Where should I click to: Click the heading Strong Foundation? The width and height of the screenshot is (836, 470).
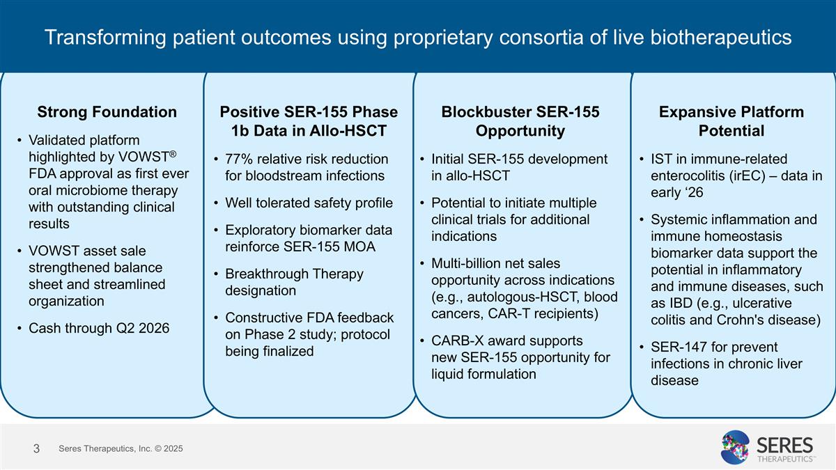[x=107, y=112]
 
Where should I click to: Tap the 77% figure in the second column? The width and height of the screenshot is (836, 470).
[x=239, y=159]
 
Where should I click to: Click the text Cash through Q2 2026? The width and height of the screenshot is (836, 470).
[x=99, y=328]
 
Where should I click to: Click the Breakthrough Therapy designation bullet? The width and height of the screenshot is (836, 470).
[x=294, y=281]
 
